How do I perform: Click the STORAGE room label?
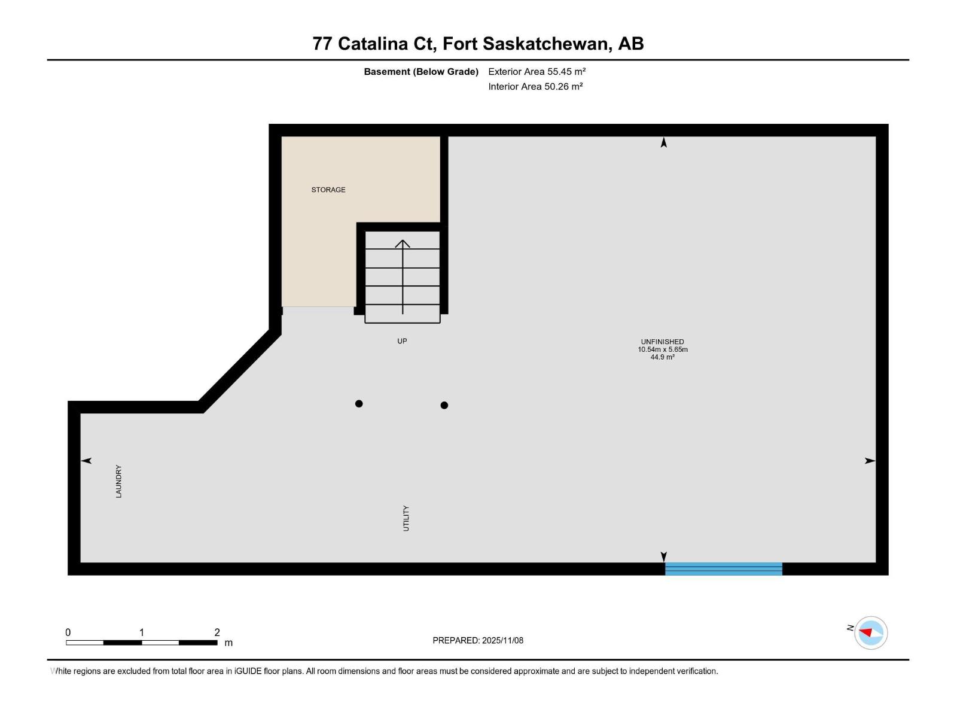point(328,190)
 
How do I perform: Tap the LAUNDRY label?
point(118,481)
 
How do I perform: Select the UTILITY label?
point(406,518)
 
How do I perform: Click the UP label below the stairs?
point(402,341)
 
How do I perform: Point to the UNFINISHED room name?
point(662,342)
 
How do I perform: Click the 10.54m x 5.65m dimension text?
point(662,349)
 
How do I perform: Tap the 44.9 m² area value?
point(662,357)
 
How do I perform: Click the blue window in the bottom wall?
point(724,569)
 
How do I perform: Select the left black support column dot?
point(359,404)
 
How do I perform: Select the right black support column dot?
point(444,405)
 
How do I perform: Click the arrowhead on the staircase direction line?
point(403,244)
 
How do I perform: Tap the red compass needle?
point(865,632)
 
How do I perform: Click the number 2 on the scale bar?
point(217,632)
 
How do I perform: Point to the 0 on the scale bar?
point(68,632)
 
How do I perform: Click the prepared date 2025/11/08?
point(502,640)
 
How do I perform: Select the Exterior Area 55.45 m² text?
point(537,71)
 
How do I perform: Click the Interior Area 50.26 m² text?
point(535,86)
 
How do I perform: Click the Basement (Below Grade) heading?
point(421,72)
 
